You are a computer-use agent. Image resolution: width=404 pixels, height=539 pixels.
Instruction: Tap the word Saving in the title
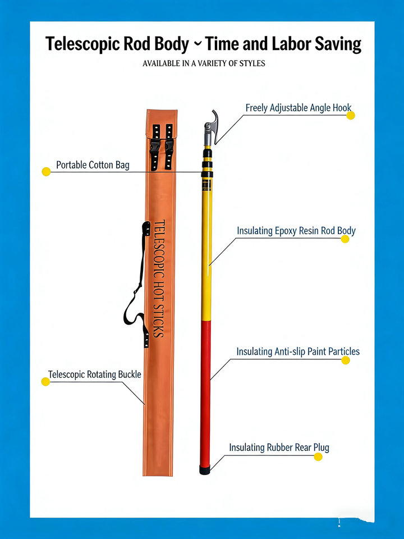[334, 43]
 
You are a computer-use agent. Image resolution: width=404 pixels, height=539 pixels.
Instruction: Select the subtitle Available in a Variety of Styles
[204, 63]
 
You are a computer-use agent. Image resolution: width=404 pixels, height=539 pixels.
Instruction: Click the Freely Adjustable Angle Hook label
[299, 107]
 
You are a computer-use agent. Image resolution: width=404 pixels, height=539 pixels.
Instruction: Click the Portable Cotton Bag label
[93, 165]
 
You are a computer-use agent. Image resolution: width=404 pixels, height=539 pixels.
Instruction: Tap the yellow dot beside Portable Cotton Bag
[46, 171]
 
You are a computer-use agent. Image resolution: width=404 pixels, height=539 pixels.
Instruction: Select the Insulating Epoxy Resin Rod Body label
[296, 231]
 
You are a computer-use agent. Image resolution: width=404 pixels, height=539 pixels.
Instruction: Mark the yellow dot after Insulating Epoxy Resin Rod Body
[345, 239]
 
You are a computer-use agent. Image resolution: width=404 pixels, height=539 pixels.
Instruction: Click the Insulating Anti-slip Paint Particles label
[298, 351]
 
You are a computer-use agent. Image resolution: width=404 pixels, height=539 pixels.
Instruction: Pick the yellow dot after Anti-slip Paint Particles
[346, 360]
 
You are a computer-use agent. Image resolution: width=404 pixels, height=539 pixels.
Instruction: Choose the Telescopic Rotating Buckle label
[94, 374]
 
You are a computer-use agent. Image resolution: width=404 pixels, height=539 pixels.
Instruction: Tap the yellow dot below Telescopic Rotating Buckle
[45, 382]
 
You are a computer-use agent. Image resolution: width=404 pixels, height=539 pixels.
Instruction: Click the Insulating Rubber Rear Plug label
[279, 447]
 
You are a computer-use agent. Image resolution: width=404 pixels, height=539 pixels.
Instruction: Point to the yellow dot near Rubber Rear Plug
[318, 456]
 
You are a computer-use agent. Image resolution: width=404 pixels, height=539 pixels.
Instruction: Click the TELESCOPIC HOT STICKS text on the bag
[158, 278]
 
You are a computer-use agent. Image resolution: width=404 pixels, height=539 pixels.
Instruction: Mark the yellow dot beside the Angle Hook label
[351, 115]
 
